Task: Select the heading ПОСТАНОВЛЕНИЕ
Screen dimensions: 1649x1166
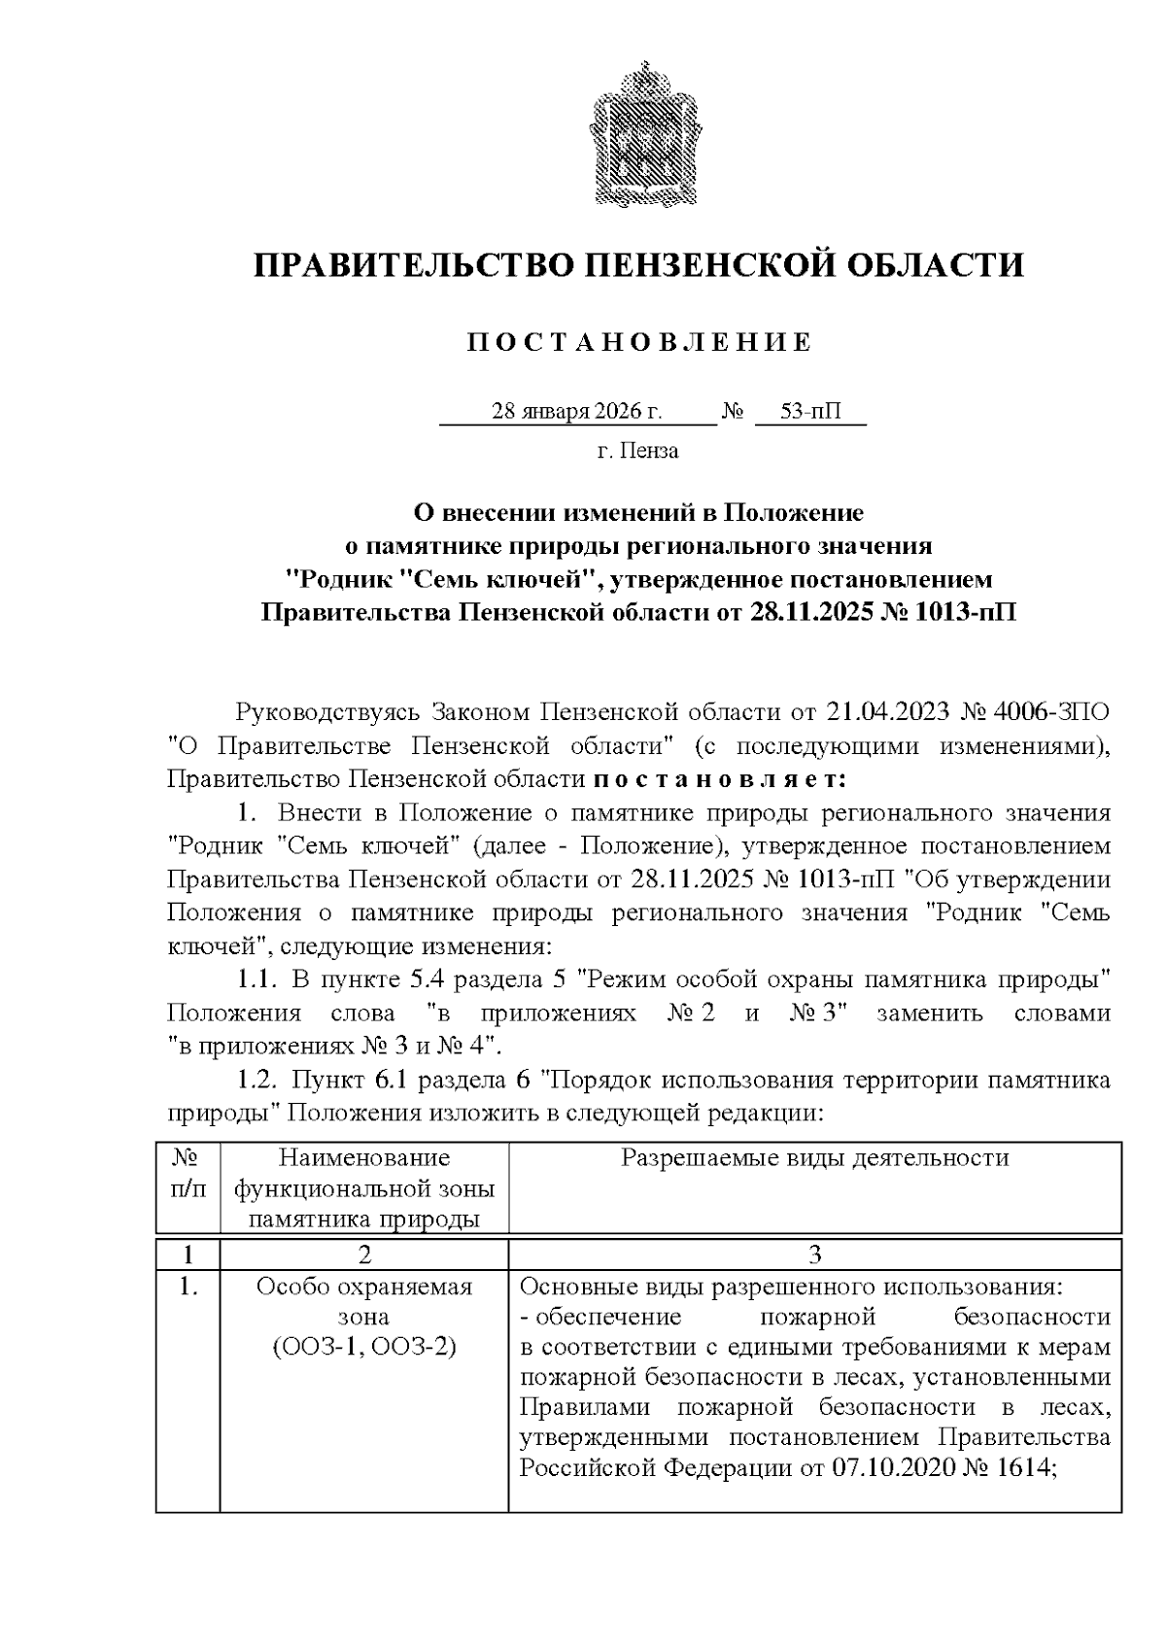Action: pyautogui.click(x=638, y=342)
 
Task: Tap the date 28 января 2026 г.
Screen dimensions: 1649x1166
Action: pyautogui.click(x=577, y=412)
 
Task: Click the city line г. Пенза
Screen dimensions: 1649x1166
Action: pyautogui.click(x=637, y=451)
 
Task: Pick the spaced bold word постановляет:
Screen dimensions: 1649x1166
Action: pyautogui.click(x=719, y=779)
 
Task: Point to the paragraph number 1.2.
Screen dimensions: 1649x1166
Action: pyautogui.click(x=259, y=1080)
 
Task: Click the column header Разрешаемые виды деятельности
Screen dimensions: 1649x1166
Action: pyautogui.click(x=814, y=1157)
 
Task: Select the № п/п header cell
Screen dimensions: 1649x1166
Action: pyautogui.click(x=188, y=1173)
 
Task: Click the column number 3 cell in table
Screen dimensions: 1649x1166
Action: pyautogui.click(x=814, y=1254)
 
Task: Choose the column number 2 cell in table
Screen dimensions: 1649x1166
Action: pyautogui.click(x=363, y=1254)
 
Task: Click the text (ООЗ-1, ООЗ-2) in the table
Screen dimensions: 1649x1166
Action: pyautogui.click(x=363, y=1348)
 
